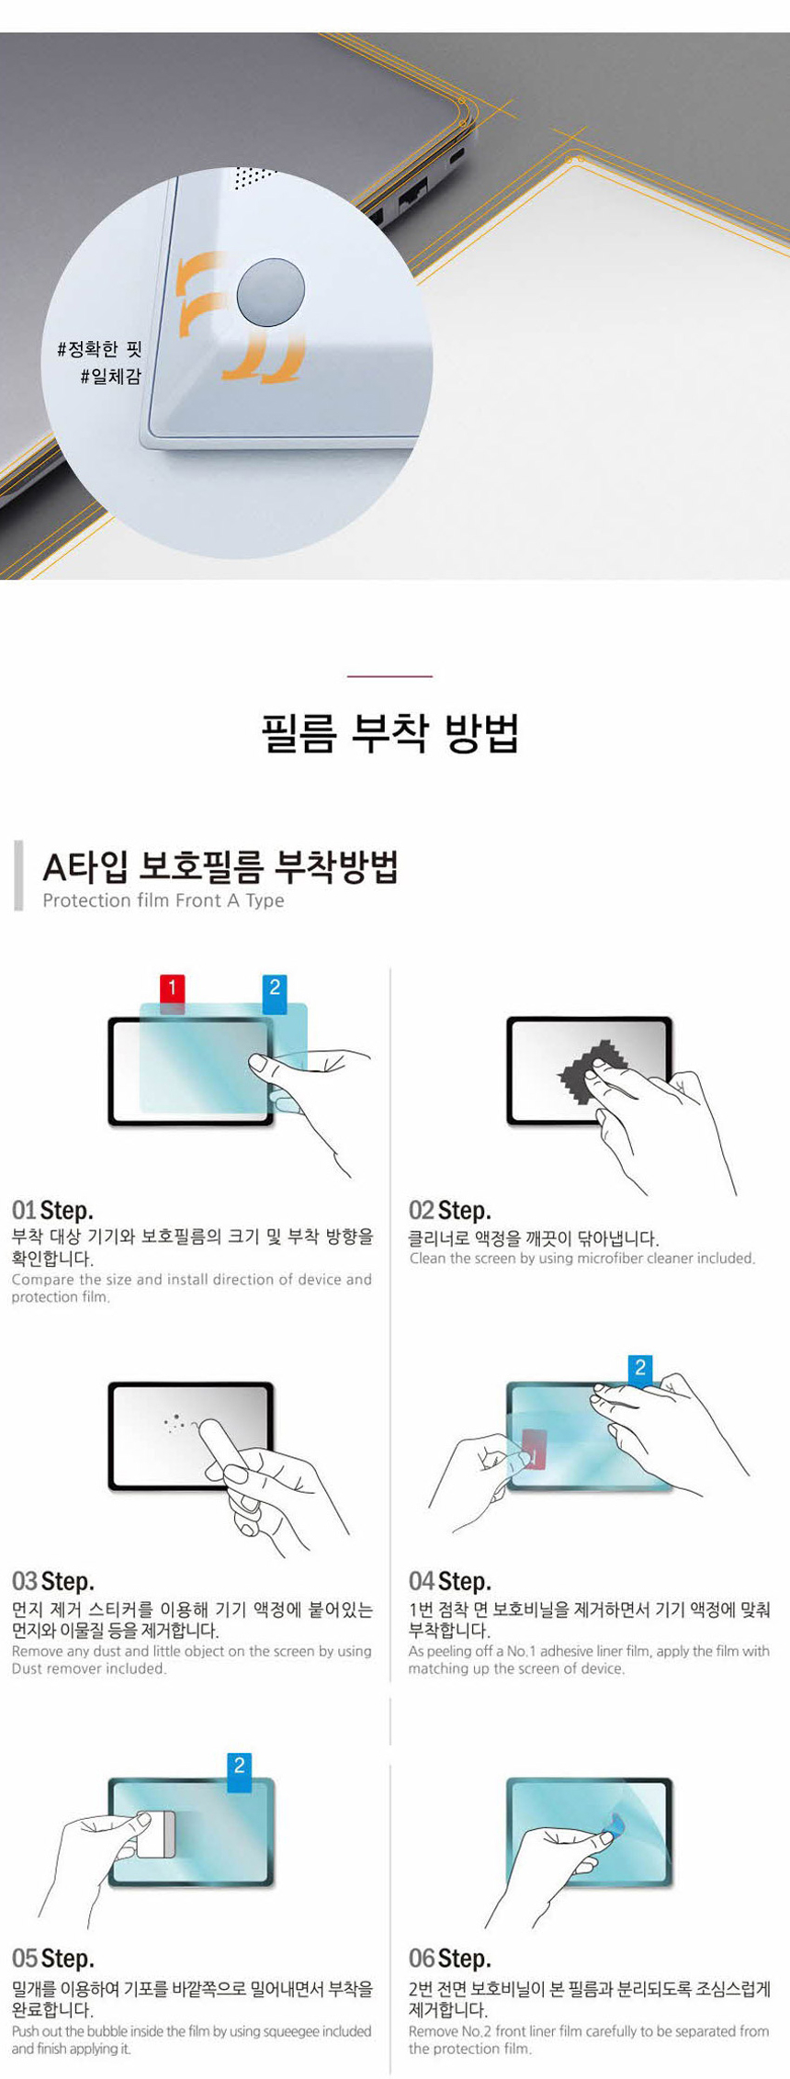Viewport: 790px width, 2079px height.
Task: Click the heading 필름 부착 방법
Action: click(390, 733)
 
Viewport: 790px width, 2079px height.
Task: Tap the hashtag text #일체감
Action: click(110, 376)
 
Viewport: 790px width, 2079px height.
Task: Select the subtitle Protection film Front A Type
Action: click(164, 900)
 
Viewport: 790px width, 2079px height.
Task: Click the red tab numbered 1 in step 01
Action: click(172, 989)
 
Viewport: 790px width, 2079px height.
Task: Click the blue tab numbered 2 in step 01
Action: click(274, 989)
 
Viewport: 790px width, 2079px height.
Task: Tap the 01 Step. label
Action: click(52, 1210)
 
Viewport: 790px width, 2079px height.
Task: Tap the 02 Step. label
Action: click(449, 1210)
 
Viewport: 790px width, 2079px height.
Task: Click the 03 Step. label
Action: click(52, 1581)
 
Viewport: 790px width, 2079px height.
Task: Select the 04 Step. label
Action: click(449, 1581)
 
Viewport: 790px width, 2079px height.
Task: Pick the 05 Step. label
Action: click(52, 1958)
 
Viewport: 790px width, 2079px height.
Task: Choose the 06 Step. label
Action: click(449, 1958)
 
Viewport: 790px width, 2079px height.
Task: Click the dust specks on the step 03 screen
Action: click(174, 1423)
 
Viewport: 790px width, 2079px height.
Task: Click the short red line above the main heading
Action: click(389, 676)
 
